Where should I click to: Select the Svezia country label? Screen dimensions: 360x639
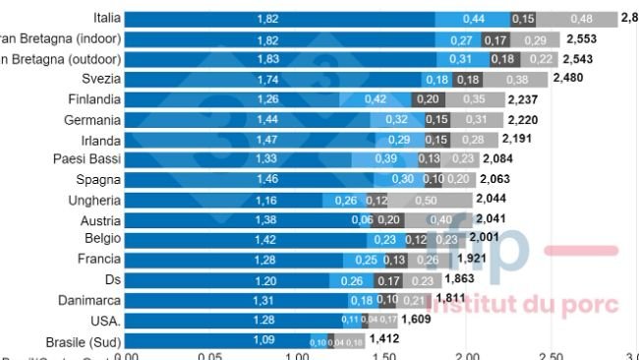(100, 79)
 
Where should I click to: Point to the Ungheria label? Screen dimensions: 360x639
(97, 200)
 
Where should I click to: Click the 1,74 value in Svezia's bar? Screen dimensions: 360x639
(267, 79)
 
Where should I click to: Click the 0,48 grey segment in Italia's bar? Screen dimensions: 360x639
(582, 19)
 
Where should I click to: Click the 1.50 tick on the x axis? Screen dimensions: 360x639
(381, 355)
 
